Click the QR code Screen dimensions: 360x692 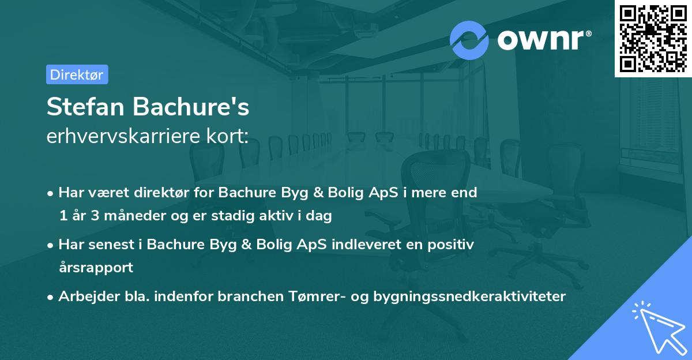[x=653, y=38]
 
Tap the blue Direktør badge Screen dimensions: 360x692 [x=77, y=74]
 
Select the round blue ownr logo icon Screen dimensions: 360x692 [x=469, y=39]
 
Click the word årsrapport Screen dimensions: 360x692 [x=96, y=267]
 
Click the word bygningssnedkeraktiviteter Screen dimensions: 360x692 [x=469, y=297]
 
